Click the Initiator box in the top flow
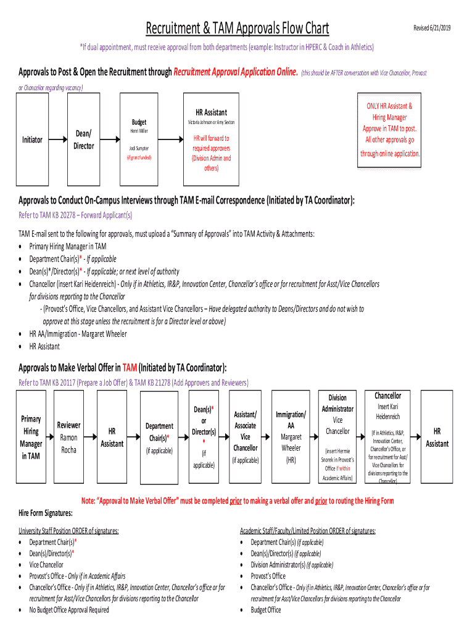point(32,140)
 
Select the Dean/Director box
point(83,139)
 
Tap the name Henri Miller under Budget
point(138,131)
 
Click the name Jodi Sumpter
point(138,149)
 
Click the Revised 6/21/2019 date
point(432,28)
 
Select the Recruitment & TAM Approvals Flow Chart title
point(237,28)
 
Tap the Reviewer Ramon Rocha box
point(69,438)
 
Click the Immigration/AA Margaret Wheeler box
point(291,438)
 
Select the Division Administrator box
point(337,437)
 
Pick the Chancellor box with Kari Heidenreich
point(388,437)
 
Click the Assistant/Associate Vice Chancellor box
point(246,438)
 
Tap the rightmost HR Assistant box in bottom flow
point(437,438)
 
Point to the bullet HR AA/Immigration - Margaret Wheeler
point(78,334)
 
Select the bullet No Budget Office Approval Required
point(69,610)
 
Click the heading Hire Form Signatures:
point(45,513)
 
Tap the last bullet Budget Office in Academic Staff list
point(265,610)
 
